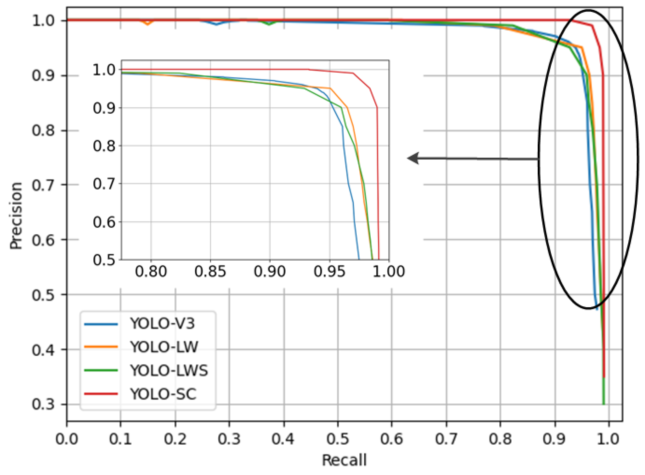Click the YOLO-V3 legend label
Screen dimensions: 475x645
click(162, 323)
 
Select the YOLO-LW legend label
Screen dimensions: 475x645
click(164, 347)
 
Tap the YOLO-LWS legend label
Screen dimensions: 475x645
click(169, 370)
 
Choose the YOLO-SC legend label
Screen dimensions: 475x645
click(163, 394)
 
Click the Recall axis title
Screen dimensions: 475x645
click(344, 460)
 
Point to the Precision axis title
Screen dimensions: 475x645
click(16, 216)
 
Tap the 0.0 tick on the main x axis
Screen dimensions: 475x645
click(67, 439)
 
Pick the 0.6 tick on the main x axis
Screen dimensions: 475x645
click(392, 439)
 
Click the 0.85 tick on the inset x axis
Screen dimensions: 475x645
click(210, 271)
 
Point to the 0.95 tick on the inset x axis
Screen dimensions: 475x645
click(329, 271)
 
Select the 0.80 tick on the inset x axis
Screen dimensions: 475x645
click(151, 271)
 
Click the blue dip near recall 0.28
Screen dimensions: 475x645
click(217, 24)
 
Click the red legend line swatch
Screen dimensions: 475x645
click(101, 394)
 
